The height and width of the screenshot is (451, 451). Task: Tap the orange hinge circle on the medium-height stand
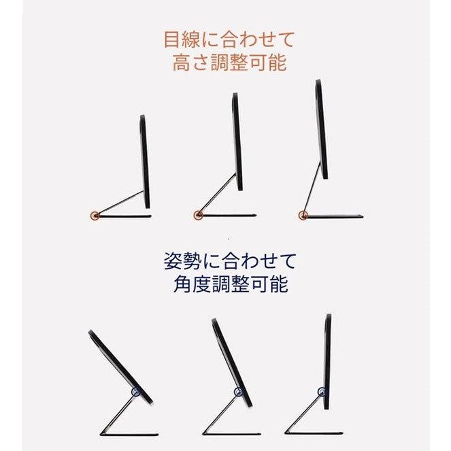197,216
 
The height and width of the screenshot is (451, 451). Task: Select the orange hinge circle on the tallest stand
303,216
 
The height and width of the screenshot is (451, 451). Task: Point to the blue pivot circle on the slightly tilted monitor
238,392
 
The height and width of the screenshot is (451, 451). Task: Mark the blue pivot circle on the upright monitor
322,392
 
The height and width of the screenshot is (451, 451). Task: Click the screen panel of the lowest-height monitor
145,161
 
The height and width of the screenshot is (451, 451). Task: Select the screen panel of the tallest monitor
322,129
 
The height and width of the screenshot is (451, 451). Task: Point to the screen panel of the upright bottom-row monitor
328,361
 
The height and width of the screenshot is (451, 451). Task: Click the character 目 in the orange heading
171,38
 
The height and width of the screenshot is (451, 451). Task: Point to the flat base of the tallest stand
333,217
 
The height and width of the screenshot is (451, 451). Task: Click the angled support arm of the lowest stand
121,203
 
